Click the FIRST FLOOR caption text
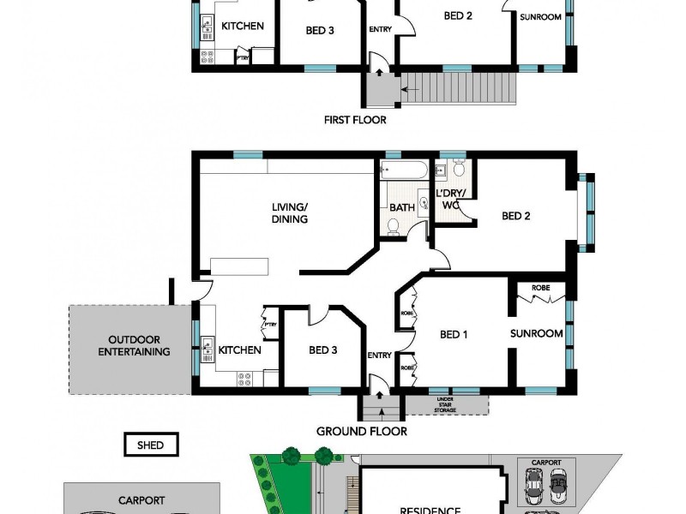355,120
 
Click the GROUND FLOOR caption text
361,431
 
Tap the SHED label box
150,445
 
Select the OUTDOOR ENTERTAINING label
134,345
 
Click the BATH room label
401,207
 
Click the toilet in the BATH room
393,226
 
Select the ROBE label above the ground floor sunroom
540,288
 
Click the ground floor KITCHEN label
240,350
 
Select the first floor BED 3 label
319,31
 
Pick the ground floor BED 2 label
515,216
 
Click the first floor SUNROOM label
540,16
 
